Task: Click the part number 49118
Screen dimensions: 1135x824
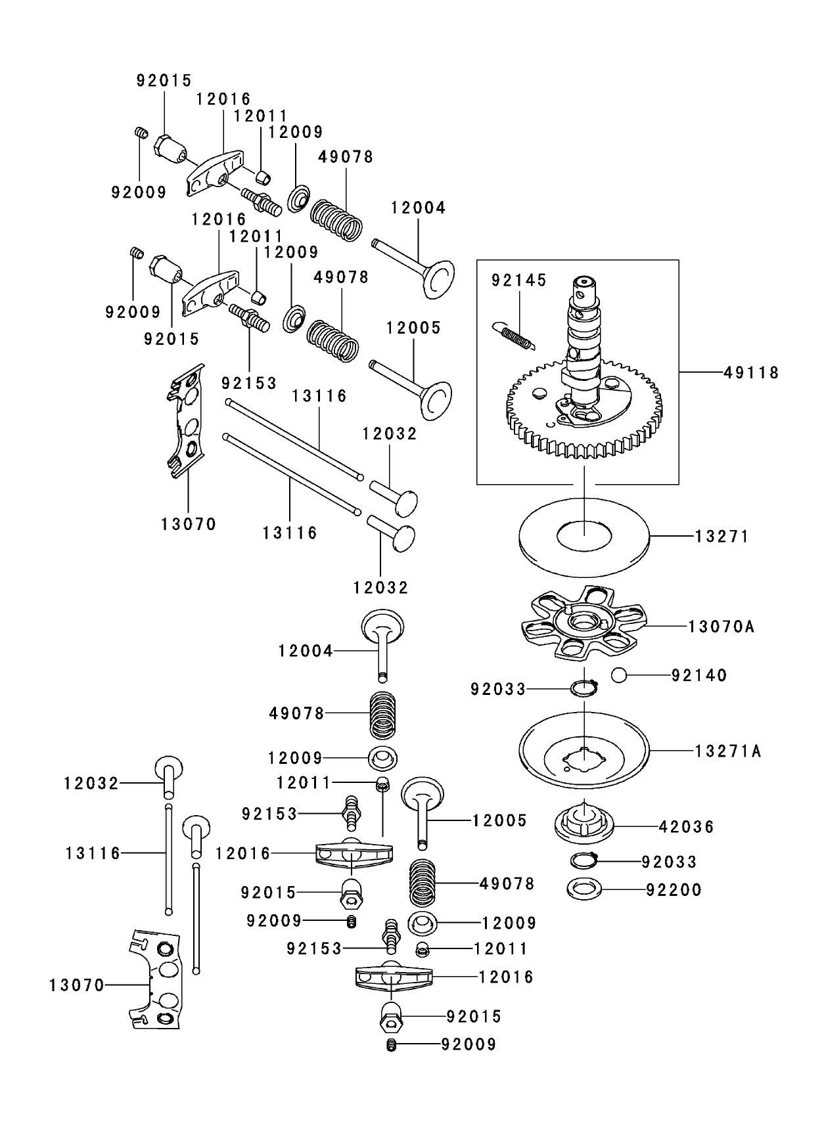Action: tap(751, 373)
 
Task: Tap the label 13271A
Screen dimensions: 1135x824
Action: tap(728, 751)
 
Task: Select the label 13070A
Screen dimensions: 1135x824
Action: tap(721, 627)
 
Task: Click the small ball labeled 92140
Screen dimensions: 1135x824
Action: tap(619, 675)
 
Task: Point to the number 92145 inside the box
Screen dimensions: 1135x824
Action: tap(518, 280)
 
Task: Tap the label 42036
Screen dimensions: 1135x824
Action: tap(686, 827)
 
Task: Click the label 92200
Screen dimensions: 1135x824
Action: tap(674, 890)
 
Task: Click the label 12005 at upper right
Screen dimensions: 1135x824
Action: tap(413, 328)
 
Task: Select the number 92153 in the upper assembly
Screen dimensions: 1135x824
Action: tap(248, 383)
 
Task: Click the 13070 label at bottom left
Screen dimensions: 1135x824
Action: tap(76, 985)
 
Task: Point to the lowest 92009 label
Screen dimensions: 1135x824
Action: tap(469, 1044)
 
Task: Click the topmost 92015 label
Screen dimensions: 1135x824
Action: tap(164, 81)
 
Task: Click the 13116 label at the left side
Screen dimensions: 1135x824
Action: tap(93, 853)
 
